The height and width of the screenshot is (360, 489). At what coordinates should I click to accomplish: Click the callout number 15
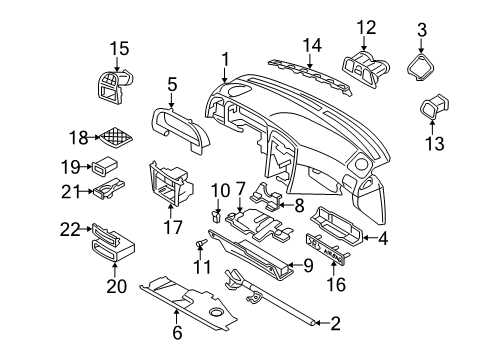119,47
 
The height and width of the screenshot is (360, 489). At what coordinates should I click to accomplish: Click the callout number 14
312,44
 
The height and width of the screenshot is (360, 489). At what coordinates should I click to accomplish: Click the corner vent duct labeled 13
436,113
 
